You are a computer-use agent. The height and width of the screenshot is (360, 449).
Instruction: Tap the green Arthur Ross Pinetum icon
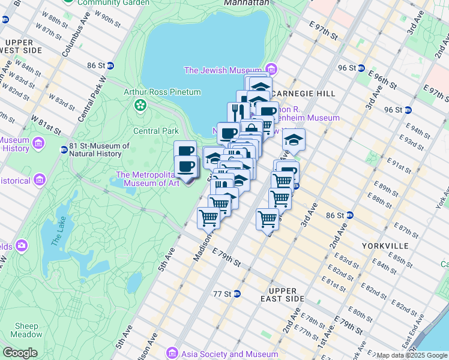click(x=140, y=106)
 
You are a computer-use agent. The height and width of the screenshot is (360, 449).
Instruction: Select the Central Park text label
click(x=155, y=131)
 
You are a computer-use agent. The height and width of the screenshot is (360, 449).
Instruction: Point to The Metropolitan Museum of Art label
click(x=147, y=179)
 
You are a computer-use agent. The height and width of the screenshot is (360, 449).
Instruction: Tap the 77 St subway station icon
click(x=237, y=294)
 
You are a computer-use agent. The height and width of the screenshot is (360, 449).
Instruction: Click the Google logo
click(x=20, y=353)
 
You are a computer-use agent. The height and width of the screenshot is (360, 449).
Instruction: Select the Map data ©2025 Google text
click(x=412, y=355)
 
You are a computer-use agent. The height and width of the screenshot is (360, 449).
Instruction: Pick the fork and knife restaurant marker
click(x=238, y=112)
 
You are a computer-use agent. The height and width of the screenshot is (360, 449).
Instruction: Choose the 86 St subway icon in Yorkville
click(x=349, y=215)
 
